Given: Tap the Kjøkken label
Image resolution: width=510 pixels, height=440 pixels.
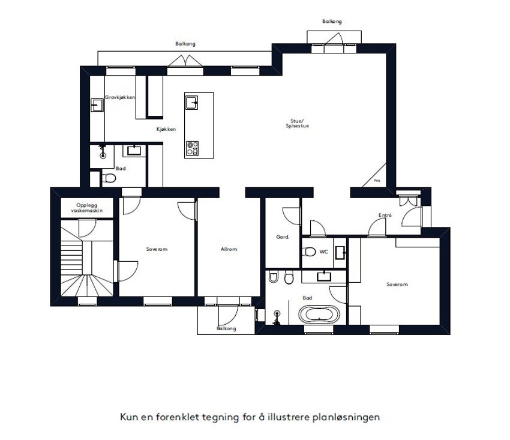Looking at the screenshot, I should (x=166, y=129).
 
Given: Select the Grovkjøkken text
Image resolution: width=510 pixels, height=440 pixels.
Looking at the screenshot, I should (x=120, y=97).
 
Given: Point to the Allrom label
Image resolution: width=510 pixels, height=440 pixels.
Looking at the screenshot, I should (x=229, y=249).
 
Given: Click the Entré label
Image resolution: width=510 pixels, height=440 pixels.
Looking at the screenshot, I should (x=385, y=215).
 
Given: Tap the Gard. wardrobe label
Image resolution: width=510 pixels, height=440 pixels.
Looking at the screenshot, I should (x=283, y=237).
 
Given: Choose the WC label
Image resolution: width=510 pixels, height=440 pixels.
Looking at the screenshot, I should (x=323, y=252).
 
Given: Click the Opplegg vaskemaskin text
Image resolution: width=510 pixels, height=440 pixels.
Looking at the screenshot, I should (x=86, y=208).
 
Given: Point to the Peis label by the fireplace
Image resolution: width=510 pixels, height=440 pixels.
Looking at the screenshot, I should (x=376, y=179).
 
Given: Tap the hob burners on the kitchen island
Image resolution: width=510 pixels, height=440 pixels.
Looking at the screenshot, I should (x=193, y=148).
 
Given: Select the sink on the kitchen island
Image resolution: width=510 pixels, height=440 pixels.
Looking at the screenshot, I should (x=191, y=103).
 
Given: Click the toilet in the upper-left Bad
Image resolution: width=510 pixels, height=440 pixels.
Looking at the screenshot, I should (x=109, y=178).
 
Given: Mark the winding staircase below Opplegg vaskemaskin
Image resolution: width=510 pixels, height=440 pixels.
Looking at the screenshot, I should (x=86, y=264).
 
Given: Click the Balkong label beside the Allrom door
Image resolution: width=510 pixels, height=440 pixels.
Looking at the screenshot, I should (x=226, y=328).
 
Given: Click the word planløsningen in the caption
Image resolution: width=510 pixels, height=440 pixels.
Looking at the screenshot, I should (x=346, y=417).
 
